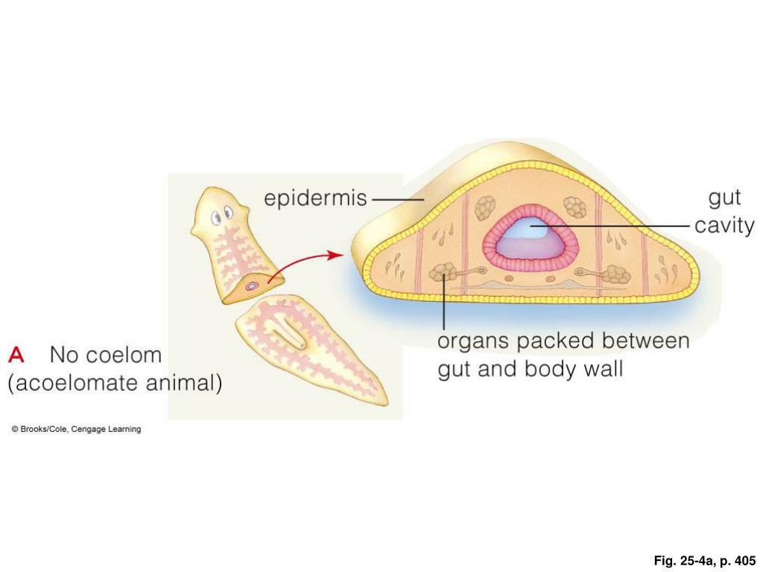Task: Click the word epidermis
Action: point(316,198)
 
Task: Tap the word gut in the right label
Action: point(724,198)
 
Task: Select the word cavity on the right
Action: point(724,226)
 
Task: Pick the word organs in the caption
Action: point(473,342)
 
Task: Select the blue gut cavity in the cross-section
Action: point(531,240)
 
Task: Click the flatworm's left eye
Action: point(216,217)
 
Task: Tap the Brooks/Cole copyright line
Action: point(76,429)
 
